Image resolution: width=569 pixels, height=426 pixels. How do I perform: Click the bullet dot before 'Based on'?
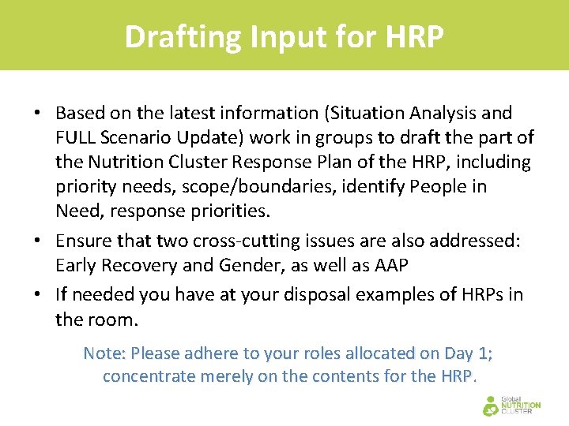37,114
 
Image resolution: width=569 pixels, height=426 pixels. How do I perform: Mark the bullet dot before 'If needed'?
37,295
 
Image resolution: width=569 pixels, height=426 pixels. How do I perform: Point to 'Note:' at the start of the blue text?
104,353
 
